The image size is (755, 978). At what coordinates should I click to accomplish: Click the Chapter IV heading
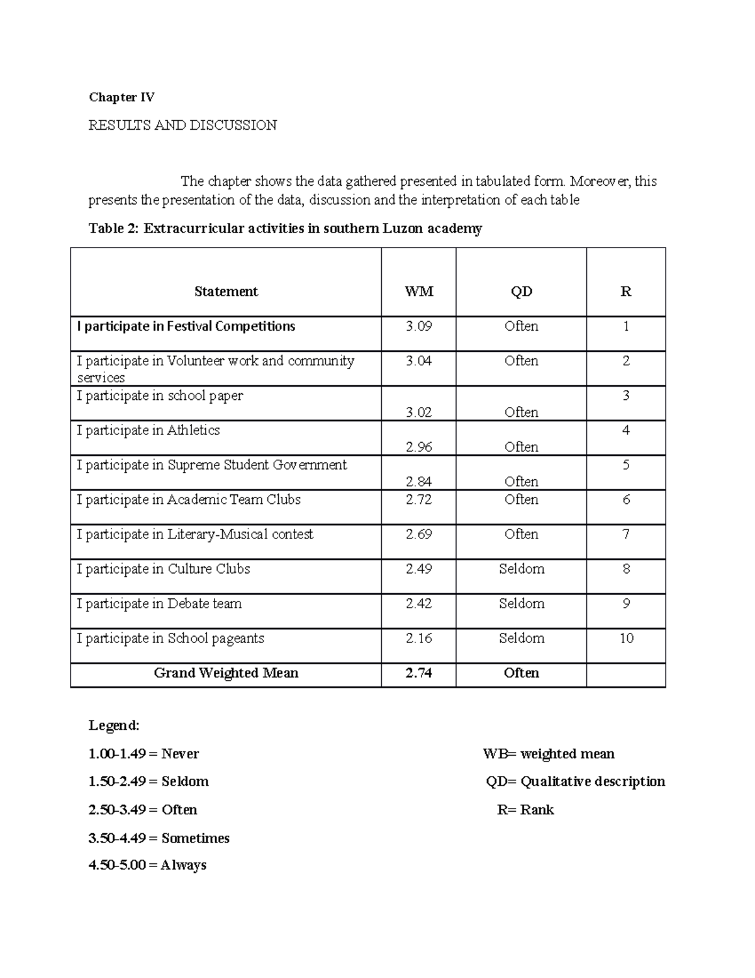[x=121, y=97]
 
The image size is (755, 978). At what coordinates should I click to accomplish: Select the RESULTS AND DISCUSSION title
[x=182, y=125]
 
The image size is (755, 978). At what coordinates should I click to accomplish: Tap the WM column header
[x=418, y=292]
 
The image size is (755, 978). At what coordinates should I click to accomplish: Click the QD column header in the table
[x=521, y=292]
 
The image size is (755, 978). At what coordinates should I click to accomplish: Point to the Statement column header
[x=226, y=292]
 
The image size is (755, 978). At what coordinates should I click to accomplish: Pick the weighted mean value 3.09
[x=418, y=326]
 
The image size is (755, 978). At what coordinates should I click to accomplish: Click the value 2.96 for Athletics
[x=418, y=447]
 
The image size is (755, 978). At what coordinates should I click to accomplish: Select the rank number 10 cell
[x=626, y=639]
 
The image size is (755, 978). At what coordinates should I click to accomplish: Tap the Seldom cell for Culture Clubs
[x=521, y=569]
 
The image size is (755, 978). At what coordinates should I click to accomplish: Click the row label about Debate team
[x=159, y=604]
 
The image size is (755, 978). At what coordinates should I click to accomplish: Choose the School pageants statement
[x=171, y=639]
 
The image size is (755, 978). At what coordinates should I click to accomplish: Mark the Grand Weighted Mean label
[x=226, y=673]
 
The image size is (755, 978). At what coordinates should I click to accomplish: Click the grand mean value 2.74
[x=418, y=673]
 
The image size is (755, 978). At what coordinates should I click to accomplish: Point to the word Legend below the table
[x=114, y=725]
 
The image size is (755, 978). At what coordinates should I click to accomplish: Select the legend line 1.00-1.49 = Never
[x=143, y=754]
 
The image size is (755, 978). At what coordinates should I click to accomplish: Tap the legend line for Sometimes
[x=159, y=838]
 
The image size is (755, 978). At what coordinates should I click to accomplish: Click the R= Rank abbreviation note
[x=525, y=810]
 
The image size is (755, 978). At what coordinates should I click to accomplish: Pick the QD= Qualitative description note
[x=575, y=782]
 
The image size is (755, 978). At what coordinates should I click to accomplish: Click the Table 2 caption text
[x=285, y=229]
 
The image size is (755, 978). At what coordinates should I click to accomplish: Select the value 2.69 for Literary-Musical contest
[x=418, y=535]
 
